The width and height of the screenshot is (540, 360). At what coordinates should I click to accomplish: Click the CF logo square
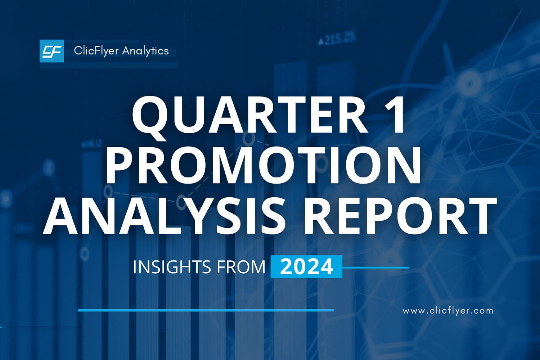(x=51, y=51)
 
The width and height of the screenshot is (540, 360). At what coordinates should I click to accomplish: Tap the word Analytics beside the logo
(x=145, y=51)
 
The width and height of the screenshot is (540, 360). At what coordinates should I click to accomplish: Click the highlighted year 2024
(x=306, y=267)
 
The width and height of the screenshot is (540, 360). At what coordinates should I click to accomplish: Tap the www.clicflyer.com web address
(x=448, y=311)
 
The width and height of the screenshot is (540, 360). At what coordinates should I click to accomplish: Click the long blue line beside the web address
(x=206, y=310)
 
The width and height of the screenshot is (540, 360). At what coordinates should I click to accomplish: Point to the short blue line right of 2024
(x=375, y=267)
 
